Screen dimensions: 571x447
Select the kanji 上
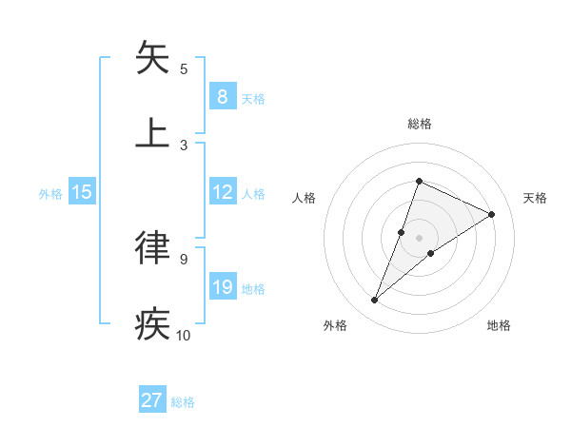(154, 133)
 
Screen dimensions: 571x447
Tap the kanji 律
(154, 247)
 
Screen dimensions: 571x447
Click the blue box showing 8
(222, 96)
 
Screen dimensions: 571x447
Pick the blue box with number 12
(222, 192)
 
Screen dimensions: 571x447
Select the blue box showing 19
(222, 287)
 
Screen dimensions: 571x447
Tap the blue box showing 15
(82, 192)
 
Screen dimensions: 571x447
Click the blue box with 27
(152, 400)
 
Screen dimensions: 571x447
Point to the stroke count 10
(184, 335)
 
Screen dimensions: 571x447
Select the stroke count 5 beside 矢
(184, 68)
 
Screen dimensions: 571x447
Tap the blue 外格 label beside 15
(50, 193)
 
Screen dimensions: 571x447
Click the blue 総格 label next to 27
(183, 402)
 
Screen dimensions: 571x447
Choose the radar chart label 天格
(535, 198)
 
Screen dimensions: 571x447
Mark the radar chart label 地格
(499, 325)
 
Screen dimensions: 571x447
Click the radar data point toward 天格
(491, 215)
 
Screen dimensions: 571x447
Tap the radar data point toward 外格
(375, 301)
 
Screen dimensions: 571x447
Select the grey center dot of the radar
(419, 238)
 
